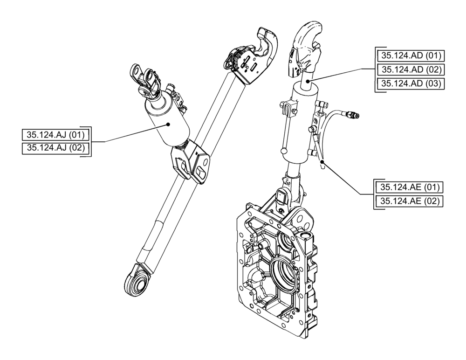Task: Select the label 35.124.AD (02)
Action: click(x=411, y=70)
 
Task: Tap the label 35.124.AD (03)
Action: click(x=411, y=84)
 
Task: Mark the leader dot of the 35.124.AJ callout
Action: click(x=169, y=124)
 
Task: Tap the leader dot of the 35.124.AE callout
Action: click(x=322, y=161)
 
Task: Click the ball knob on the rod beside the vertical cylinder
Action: click(x=284, y=150)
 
